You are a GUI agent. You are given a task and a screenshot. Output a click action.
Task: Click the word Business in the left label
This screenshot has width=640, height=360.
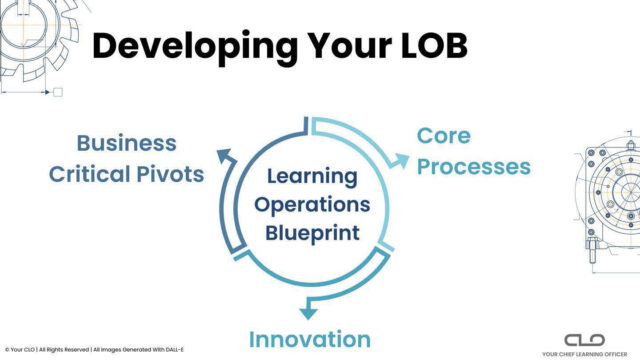click(x=127, y=143)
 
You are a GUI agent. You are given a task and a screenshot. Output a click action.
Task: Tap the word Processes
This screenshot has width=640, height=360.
click(x=473, y=166)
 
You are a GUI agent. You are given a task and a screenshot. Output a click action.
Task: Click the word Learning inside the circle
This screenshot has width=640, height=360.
click(x=311, y=178)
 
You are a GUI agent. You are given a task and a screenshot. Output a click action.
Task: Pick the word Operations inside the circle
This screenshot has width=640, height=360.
click(x=311, y=206)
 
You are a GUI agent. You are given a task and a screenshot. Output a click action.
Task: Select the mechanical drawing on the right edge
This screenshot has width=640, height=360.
click(x=610, y=200)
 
